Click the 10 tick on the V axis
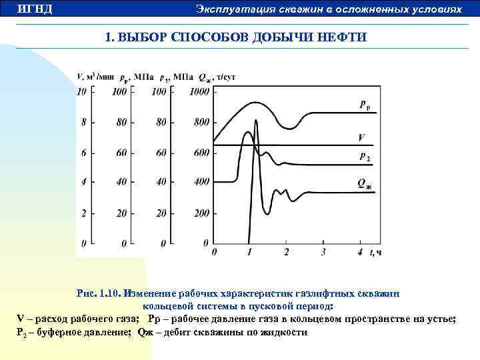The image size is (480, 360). (x=82, y=92)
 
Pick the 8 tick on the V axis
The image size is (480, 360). (x=83, y=123)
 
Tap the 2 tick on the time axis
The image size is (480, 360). (x=286, y=252)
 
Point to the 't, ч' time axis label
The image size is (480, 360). (x=376, y=252)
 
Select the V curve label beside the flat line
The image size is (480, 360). (x=361, y=138)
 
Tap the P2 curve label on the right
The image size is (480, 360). (x=365, y=157)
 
